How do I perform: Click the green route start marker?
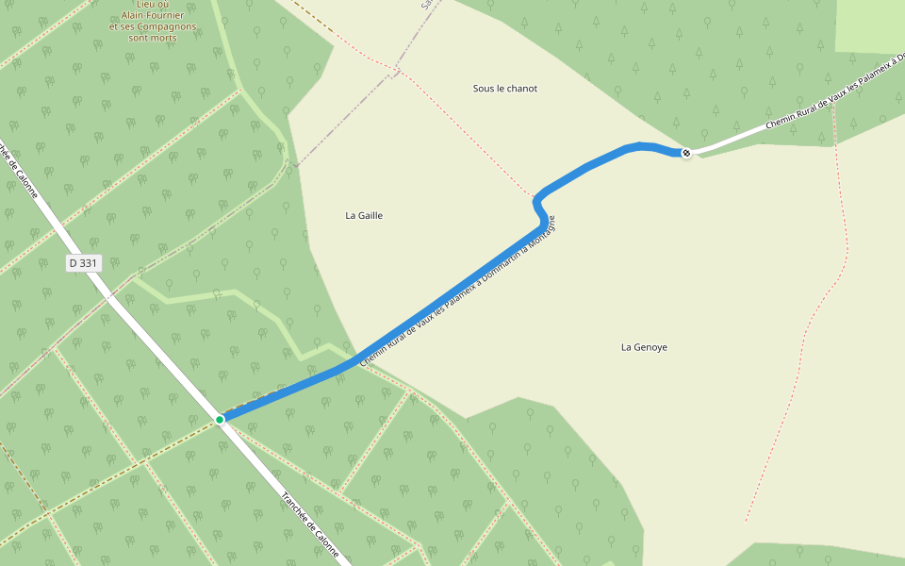tap(220, 419)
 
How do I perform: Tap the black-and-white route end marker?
tap(686, 153)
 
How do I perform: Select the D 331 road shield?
tap(83, 263)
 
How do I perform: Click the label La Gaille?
tap(364, 215)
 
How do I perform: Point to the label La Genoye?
tap(644, 347)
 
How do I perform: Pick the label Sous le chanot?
tap(504, 89)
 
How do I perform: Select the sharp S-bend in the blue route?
tap(539, 204)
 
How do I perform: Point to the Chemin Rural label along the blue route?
tap(457, 292)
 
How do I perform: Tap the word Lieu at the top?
tap(147, 5)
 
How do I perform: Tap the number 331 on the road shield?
tap(89, 263)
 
